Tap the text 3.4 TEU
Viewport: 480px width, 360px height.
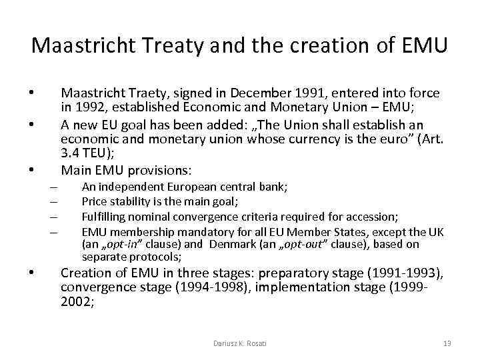point(85,153)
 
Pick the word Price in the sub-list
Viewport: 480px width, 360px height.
point(93,202)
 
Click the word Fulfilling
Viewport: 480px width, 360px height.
point(104,217)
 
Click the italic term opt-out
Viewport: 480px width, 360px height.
point(287,244)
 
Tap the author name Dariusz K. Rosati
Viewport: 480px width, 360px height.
point(240,343)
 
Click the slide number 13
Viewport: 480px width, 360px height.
point(447,343)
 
